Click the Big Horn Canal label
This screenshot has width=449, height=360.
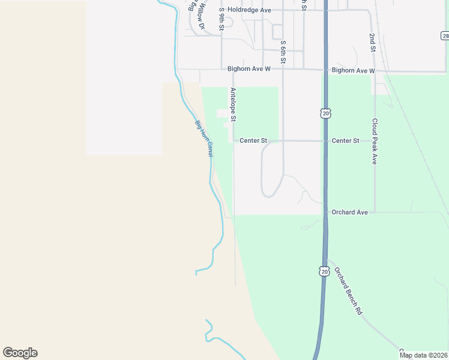[204, 139]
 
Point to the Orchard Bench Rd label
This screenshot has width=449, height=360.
[349, 291]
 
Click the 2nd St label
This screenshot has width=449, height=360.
[372, 43]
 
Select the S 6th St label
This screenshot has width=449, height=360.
[283, 53]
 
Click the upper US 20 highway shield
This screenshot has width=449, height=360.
[325, 113]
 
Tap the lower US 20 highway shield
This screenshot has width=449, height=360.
[324, 272]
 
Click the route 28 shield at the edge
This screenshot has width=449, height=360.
[444, 37]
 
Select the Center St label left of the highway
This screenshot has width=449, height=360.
[253, 141]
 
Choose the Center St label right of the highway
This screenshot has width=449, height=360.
[345, 141]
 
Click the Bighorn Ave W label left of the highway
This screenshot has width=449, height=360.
[250, 70]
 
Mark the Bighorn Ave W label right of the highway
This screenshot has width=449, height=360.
[353, 71]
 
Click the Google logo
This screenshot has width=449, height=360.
[20, 353]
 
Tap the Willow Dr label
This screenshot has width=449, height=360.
[202, 15]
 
